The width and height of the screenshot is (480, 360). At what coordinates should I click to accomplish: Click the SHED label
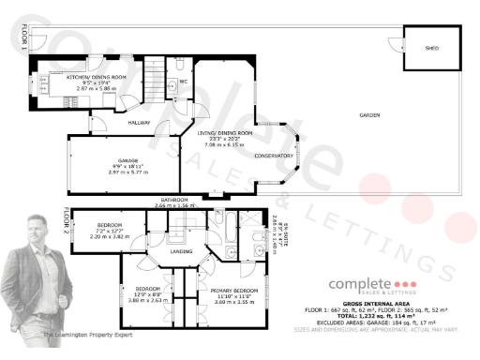[432, 47]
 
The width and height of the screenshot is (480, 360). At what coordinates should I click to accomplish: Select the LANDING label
[181, 251]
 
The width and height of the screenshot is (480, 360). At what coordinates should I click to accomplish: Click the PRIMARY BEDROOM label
[225, 292]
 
